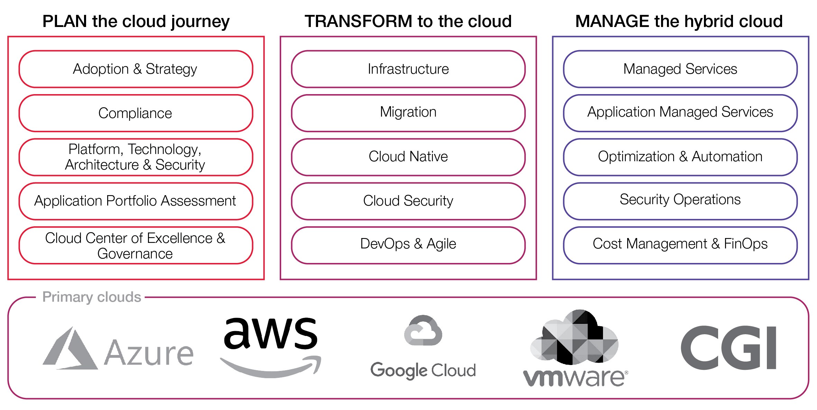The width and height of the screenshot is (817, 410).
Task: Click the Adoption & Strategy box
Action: (x=136, y=69)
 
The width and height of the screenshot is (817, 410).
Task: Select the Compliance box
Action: (x=136, y=113)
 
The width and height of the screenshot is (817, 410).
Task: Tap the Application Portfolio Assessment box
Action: (x=136, y=201)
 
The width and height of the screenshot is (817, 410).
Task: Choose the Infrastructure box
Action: (x=408, y=69)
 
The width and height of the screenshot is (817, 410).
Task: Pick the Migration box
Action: (x=408, y=112)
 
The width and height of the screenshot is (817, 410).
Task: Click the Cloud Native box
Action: (x=408, y=157)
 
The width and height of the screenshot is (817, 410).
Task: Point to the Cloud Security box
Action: (x=408, y=201)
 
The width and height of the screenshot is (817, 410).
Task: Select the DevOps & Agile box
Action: (x=408, y=244)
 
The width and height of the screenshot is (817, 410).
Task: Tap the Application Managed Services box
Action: (x=680, y=112)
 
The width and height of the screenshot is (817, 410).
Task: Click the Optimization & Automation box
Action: (x=680, y=157)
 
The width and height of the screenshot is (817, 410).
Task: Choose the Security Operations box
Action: (x=680, y=200)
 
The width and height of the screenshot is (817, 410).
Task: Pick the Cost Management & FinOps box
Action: (x=680, y=244)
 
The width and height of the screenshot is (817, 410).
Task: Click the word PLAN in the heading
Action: (x=65, y=21)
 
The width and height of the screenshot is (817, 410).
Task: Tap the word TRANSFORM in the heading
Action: (x=358, y=21)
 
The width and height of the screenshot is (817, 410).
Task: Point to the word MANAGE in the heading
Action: (x=612, y=21)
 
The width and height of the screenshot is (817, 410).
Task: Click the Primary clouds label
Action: (x=92, y=297)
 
